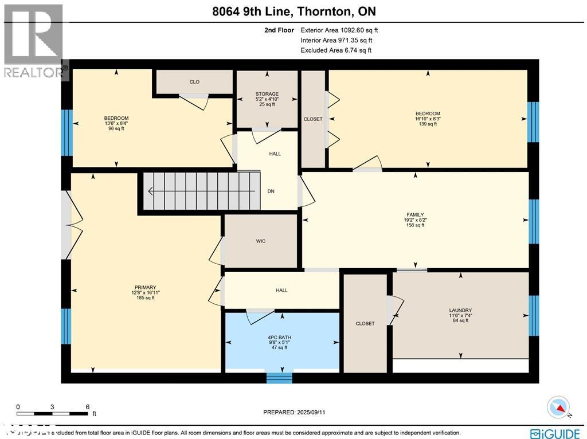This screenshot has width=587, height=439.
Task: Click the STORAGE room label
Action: pos(267,94)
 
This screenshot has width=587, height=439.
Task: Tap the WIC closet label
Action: pos(261,241)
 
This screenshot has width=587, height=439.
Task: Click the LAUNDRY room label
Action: pos(460,310)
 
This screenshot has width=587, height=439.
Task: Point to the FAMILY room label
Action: pos(416,215)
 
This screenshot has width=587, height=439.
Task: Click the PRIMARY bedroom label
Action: pos(146,288)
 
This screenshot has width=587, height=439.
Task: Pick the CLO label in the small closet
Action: pos(194,82)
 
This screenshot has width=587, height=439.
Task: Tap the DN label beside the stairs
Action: pos(271,191)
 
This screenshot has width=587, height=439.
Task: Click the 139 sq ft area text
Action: pos(428,124)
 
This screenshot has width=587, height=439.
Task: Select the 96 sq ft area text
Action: pos(116,128)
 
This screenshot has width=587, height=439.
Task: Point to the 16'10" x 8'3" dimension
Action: pos(428,119)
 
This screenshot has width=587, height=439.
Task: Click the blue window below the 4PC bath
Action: pos(279,378)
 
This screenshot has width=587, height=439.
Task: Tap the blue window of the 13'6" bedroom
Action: pos(66,132)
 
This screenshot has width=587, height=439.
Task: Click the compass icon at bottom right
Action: pos(559,406)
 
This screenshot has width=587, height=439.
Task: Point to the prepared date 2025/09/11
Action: pos(298,412)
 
